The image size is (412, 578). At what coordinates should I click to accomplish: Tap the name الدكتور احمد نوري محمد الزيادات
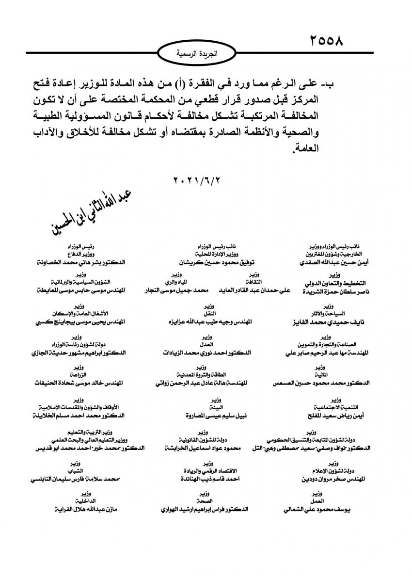(207, 353)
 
